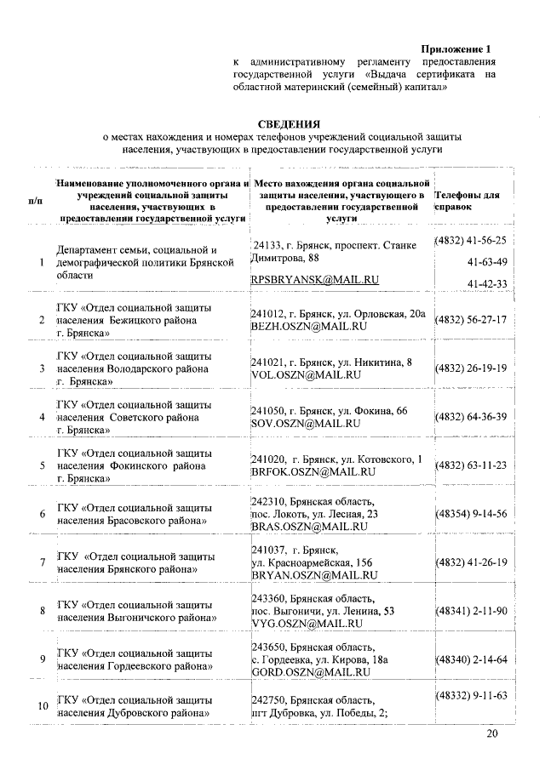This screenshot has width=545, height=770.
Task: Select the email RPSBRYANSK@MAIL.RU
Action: click(x=314, y=279)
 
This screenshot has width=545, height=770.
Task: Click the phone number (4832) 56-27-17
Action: click(x=471, y=320)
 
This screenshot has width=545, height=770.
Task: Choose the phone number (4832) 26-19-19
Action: click(x=471, y=368)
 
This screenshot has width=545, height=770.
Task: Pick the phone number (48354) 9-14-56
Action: click(x=471, y=513)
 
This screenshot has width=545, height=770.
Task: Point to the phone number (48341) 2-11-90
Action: click(x=471, y=611)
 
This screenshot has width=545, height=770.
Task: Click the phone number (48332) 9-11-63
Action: click(x=471, y=696)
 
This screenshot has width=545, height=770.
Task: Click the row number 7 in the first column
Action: click(x=42, y=562)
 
